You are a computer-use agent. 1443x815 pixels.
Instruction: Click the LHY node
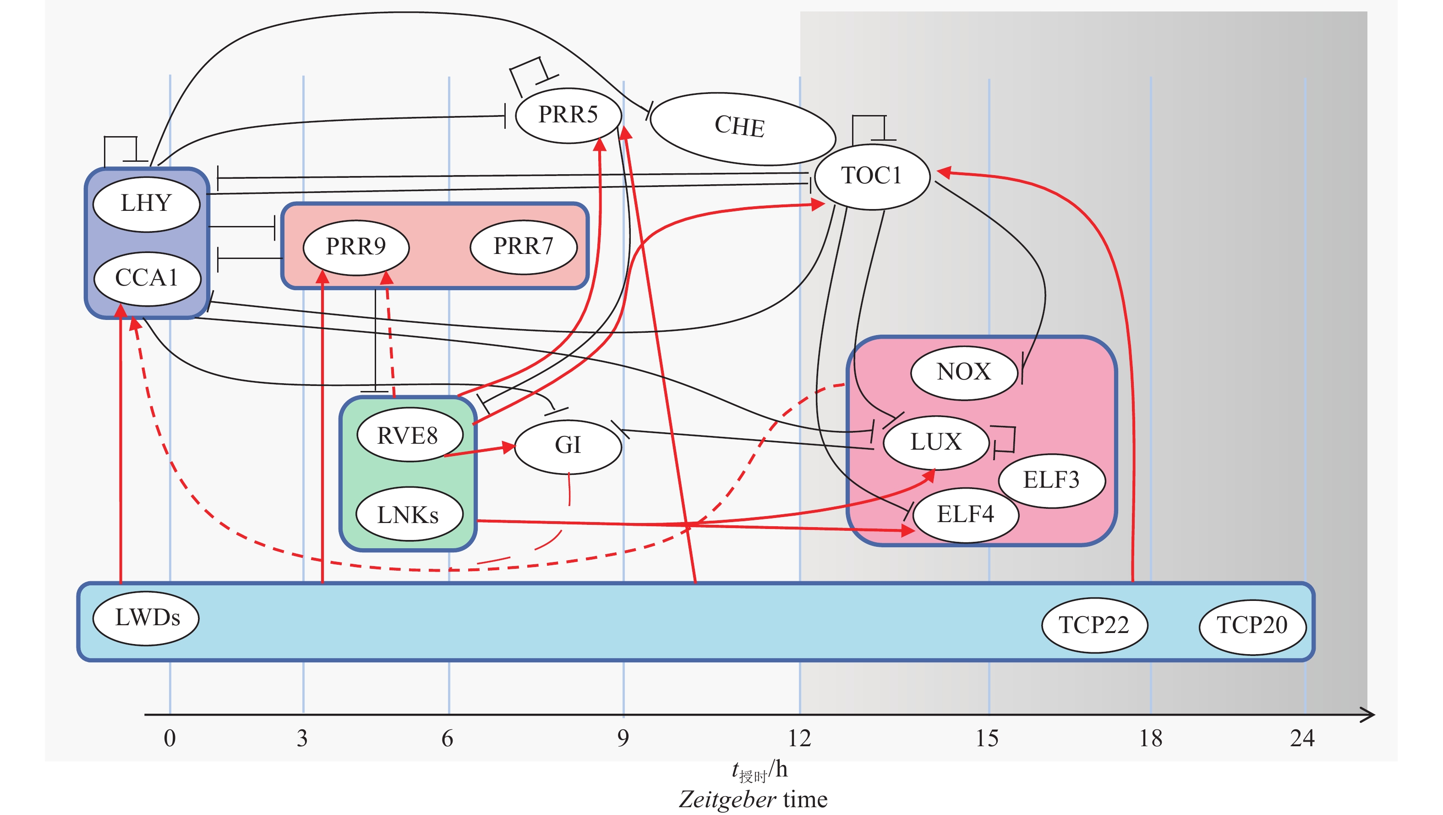[x=146, y=204]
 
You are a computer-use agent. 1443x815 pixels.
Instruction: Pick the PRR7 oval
[x=523, y=247]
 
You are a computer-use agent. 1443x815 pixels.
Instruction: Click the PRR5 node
[x=568, y=115]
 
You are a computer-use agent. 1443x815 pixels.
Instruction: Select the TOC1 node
[x=872, y=176]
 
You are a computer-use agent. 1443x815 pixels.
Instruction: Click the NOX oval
[x=964, y=372]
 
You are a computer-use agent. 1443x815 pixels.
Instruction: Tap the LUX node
[x=936, y=442]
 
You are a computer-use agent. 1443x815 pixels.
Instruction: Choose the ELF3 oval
[x=1051, y=480]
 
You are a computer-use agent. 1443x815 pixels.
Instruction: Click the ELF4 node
[x=966, y=515]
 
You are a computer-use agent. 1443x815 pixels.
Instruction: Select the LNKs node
[x=409, y=515]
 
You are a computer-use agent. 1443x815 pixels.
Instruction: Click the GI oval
[x=568, y=446]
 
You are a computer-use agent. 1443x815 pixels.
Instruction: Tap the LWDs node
[x=147, y=618]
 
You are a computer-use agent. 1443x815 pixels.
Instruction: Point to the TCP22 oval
[x=1094, y=625]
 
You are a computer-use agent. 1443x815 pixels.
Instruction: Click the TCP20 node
[x=1252, y=626]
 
